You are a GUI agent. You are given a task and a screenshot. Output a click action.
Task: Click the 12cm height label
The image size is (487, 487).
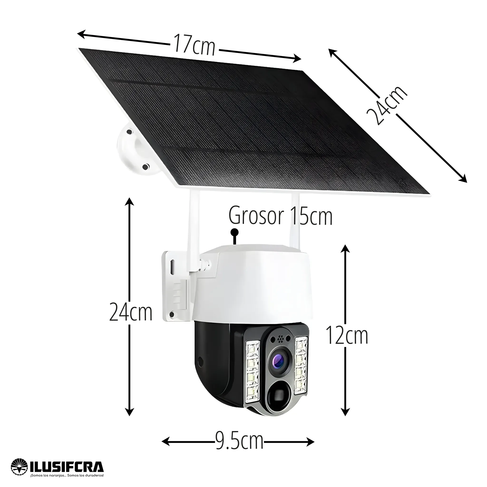tap(347, 335)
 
